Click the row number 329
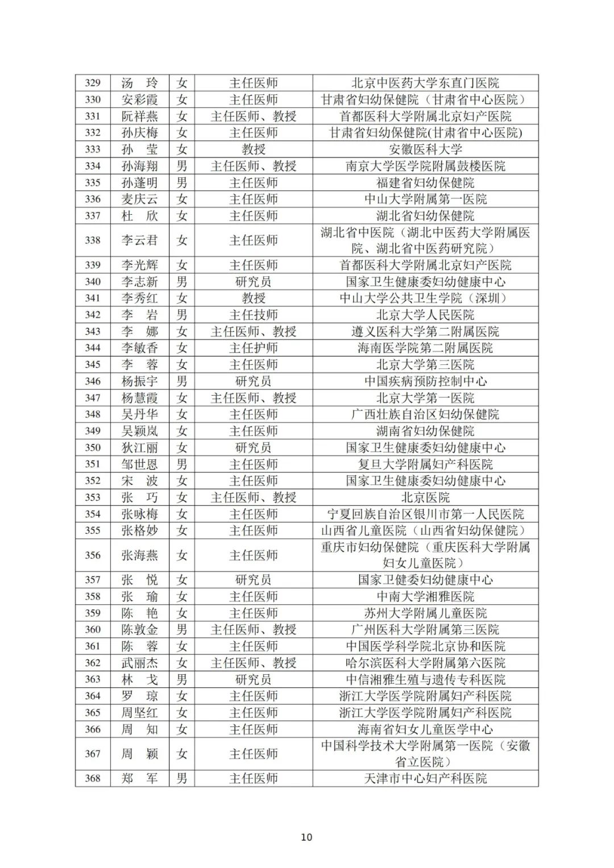[93, 83]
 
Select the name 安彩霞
[139, 99]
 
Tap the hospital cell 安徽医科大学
[425, 149]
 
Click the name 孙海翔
[139, 166]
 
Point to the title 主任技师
[254, 315]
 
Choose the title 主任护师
[254, 348]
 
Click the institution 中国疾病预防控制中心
[425, 381]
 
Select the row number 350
[93, 448]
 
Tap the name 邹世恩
[139, 464]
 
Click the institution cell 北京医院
[425, 497]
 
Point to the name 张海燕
[139, 555]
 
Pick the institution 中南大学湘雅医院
[425, 597]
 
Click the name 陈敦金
[139, 630]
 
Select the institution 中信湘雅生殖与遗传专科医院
[425, 679]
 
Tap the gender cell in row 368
[182, 778]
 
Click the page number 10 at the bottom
[306, 837]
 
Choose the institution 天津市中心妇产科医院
[425, 778]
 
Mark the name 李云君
[139, 240]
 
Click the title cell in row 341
[254, 298]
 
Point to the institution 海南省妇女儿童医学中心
[425, 729]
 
